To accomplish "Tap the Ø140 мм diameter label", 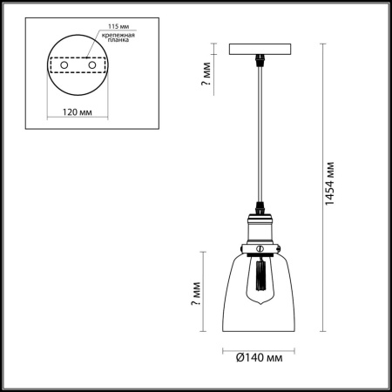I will click(261, 356).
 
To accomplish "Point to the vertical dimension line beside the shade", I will click(206, 290).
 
